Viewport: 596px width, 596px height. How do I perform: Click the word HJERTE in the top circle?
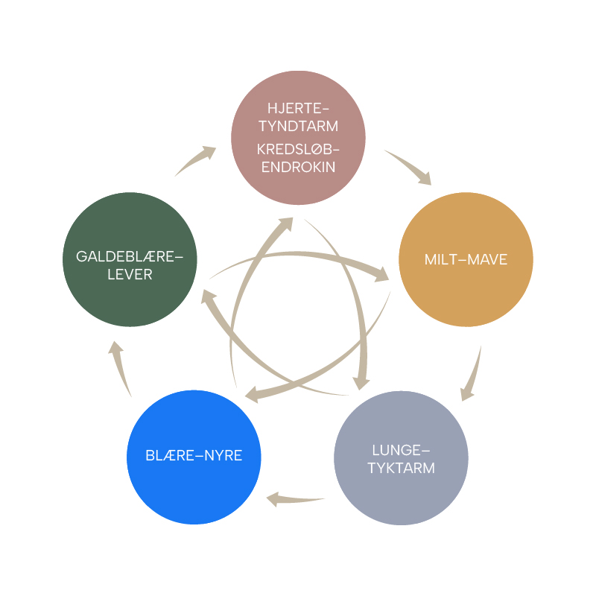[295, 108]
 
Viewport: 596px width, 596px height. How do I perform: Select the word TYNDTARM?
[299, 126]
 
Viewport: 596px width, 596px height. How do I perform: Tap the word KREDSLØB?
[295, 150]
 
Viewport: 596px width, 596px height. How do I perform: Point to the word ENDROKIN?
[299, 167]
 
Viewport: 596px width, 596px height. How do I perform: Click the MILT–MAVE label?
[466, 259]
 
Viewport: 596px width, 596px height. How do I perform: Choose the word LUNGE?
[396, 451]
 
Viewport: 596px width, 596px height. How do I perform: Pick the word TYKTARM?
[401, 469]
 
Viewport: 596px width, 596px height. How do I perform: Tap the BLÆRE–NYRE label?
[194, 455]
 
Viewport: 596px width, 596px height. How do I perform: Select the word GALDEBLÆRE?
[125, 256]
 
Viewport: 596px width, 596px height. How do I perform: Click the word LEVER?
[130, 274]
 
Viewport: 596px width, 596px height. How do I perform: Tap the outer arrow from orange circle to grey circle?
[472, 375]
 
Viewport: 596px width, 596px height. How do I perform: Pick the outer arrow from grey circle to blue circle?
[294, 499]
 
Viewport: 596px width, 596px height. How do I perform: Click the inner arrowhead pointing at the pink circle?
[285, 224]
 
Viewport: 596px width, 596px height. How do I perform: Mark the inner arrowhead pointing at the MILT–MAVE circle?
[381, 274]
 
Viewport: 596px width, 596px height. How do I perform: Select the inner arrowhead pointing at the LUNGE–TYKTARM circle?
[361, 383]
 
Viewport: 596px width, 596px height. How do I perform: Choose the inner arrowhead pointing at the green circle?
[208, 296]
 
